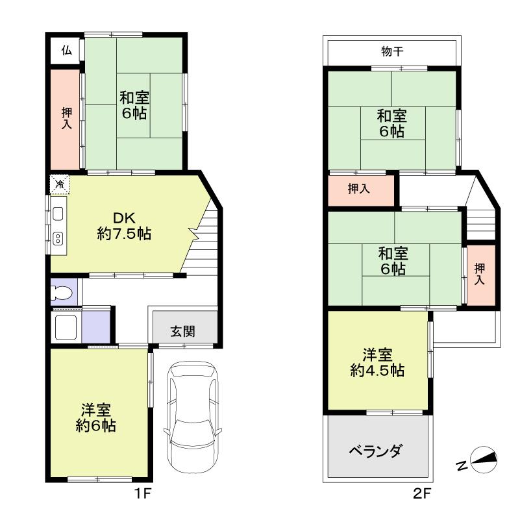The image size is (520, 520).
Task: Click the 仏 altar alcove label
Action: [66, 50]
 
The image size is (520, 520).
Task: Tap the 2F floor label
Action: [422, 493]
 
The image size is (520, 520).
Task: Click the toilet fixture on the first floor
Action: [62, 293]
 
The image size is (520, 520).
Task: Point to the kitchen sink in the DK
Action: [57, 214]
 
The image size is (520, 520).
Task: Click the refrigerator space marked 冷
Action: [60, 184]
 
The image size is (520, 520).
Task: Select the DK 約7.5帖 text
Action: [124, 226]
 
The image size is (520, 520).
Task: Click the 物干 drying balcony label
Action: [391, 52]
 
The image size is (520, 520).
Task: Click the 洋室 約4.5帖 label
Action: [377, 362]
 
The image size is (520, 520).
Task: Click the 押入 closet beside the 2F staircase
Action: [480, 273]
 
